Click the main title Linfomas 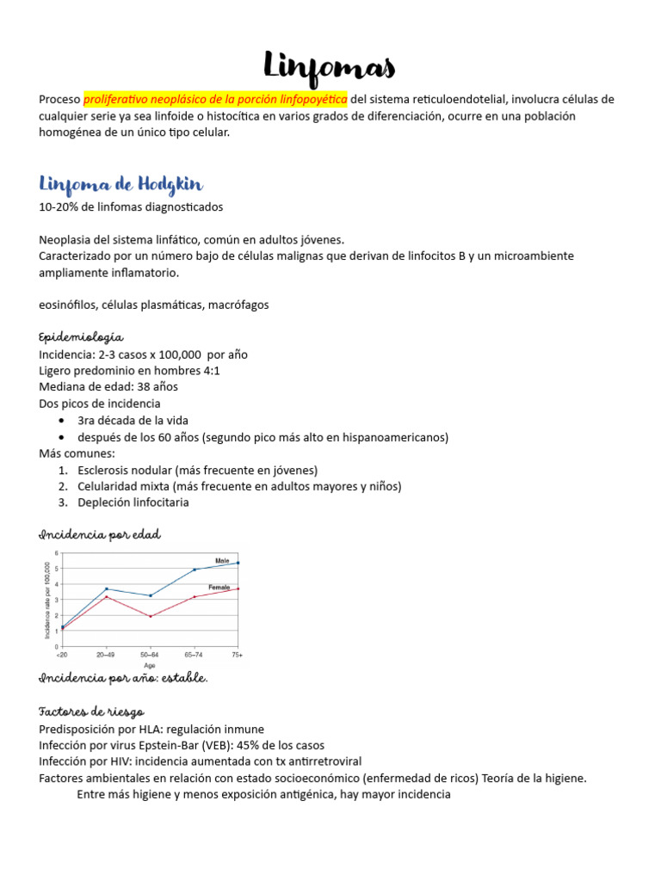(x=330, y=65)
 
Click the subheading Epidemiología (x=81, y=336)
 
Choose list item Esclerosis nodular (x=126, y=470)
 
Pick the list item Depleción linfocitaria (x=133, y=502)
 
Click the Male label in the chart (x=222, y=560)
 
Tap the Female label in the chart (x=219, y=587)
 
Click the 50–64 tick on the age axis (x=151, y=655)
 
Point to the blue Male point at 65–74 (x=195, y=570)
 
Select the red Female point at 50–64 (x=151, y=616)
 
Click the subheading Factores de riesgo (x=91, y=712)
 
